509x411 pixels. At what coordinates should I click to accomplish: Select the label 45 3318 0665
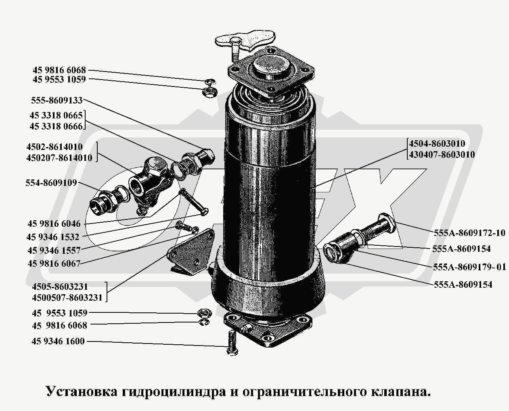tap(56, 116)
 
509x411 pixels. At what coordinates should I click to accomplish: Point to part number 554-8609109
tap(51, 183)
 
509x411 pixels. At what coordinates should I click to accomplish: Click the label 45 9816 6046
tap(54, 223)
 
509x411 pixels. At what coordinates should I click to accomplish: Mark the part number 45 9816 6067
tap(54, 263)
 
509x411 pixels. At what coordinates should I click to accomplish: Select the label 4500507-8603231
tap(67, 298)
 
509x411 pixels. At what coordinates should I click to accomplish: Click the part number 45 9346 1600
tap(58, 341)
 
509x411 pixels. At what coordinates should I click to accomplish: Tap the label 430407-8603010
tap(442, 154)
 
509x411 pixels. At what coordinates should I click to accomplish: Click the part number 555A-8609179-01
tap(469, 267)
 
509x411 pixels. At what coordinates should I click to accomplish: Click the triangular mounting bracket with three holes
tap(190, 251)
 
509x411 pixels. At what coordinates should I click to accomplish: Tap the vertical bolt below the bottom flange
tap(231, 342)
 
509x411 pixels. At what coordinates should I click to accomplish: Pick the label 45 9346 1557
tap(54, 250)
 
